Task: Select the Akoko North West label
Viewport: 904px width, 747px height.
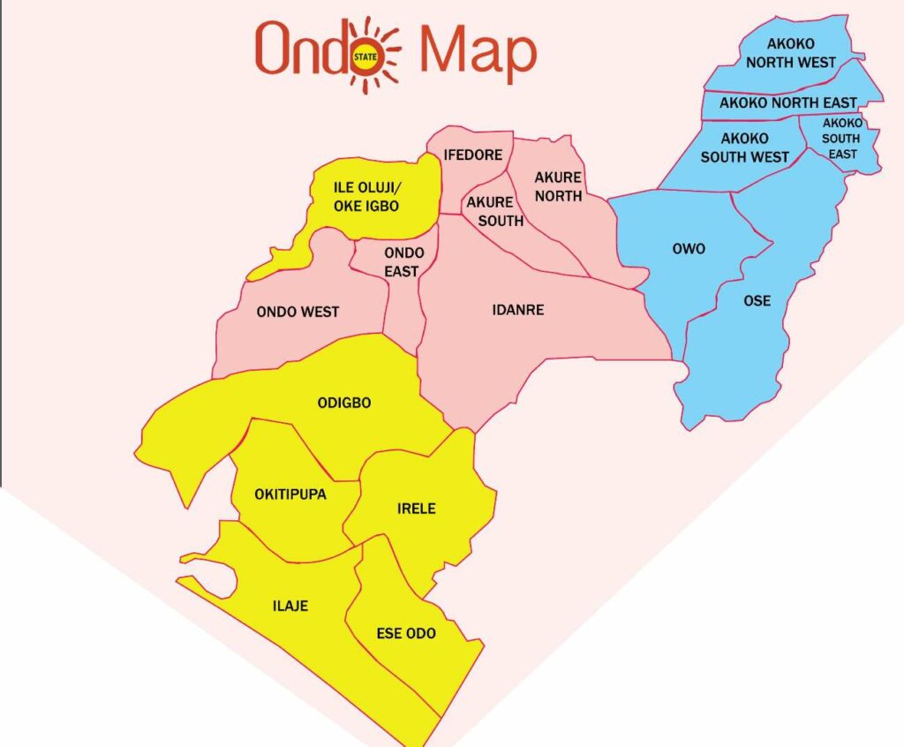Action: click(790, 52)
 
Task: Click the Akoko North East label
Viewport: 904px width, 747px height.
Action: click(787, 103)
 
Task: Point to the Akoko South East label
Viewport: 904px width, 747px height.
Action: click(842, 139)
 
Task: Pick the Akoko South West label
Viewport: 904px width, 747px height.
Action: click(744, 147)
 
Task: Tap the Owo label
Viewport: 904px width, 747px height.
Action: click(689, 249)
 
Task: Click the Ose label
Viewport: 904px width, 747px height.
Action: click(757, 301)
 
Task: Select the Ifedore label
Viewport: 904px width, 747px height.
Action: click(473, 155)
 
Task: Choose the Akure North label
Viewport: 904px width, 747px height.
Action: click(558, 186)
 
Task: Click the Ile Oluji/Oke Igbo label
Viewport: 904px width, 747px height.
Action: click(365, 197)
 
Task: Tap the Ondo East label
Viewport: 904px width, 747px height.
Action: click(403, 262)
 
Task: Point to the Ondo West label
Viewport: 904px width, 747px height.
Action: click(298, 312)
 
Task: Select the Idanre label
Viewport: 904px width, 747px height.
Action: click(517, 310)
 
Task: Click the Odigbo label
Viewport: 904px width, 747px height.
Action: click(343, 403)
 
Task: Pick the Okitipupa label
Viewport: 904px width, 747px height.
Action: click(290, 494)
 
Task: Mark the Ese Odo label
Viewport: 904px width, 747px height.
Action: click(406, 633)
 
